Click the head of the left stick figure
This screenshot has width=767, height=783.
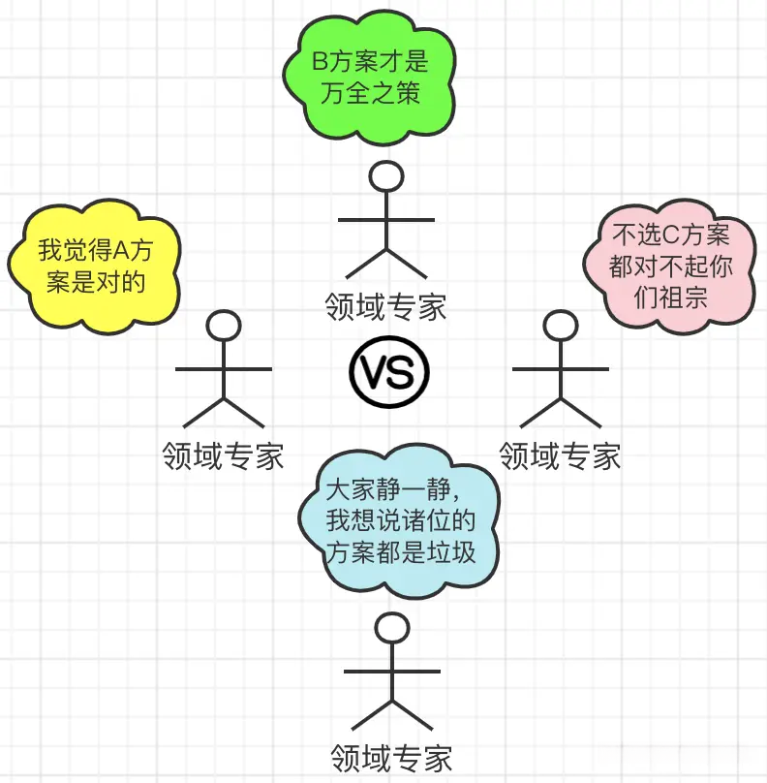(224, 325)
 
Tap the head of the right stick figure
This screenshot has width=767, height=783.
(560, 324)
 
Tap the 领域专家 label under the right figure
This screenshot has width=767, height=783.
(560, 454)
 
